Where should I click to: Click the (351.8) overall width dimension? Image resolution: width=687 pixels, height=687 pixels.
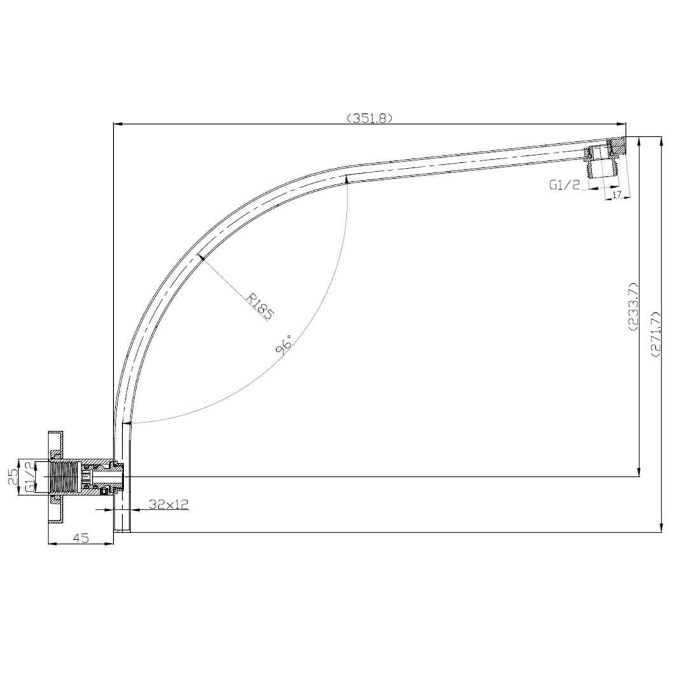368,118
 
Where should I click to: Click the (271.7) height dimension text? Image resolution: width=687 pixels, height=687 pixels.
656,335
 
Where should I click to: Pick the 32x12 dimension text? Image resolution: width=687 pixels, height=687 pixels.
169,504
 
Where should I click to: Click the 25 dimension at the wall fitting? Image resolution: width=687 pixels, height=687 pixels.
13,476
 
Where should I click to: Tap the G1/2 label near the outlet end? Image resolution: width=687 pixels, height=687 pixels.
564,185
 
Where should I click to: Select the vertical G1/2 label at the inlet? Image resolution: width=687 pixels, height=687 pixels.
29,476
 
